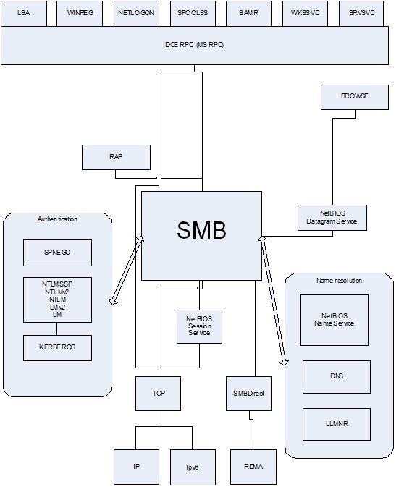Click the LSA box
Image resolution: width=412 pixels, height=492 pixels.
[x=24, y=13]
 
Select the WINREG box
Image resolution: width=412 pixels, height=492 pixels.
[x=80, y=13]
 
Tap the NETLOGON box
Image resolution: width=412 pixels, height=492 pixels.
[x=136, y=13]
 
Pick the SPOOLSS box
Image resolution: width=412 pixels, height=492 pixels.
[x=193, y=13]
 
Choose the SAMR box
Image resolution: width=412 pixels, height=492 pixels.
[x=248, y=13]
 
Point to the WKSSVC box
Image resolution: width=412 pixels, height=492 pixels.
[x=306, y=13]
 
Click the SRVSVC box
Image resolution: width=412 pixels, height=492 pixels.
[x=361, y=13]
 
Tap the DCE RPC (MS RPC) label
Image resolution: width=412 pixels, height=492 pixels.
[x=195, y=45]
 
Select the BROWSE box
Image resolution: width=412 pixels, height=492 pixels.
[x=355, y=97]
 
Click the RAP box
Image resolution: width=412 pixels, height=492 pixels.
[x=116, y=157]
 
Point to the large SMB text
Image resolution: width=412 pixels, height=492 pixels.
[x=201, y=230]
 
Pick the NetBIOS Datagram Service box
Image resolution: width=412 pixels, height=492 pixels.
[x=332, y=218]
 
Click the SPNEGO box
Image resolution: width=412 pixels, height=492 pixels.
[x=57, y=253]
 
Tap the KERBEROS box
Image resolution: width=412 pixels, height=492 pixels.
[x=57, y=348]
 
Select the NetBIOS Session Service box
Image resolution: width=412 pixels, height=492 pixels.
[x=199, y=326]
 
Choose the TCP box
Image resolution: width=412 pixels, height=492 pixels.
[x=159, y=394]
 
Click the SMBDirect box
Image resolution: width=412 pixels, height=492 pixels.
[x=248, y=394]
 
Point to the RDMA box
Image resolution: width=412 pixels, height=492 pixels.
[x=253, y=467]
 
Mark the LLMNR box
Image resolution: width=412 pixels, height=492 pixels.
[x=337, y=424]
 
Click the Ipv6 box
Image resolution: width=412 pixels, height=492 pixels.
[x=193, y=467]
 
